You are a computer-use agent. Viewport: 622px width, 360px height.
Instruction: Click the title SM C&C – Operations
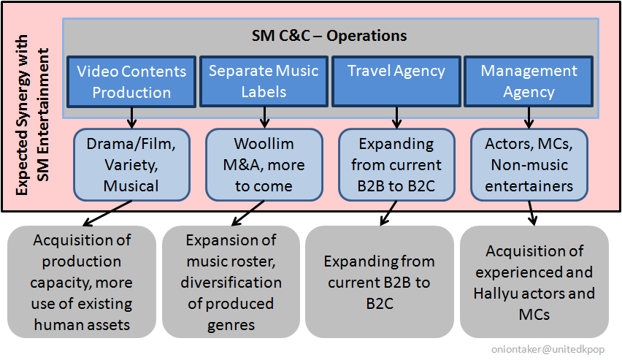pos(329,36)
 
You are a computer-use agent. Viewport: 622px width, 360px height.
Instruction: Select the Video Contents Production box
pos(131,82)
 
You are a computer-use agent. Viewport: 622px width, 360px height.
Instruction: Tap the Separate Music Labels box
pos(264,81)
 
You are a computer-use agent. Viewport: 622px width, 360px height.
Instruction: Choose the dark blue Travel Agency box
pos(396,81)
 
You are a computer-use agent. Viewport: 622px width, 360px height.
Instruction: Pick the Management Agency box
pos(529,81)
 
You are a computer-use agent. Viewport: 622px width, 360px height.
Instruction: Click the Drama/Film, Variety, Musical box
pos(131,165)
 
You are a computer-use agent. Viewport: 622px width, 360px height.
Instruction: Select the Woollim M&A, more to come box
pos(264,165)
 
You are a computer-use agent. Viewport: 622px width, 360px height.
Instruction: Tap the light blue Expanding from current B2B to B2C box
pos(396,165)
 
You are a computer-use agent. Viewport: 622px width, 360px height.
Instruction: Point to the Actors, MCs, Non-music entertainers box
pos(529,165)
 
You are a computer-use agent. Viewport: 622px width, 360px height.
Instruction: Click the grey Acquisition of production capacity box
pos(82,282)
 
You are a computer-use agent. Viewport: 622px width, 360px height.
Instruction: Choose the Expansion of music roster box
pos(231,282)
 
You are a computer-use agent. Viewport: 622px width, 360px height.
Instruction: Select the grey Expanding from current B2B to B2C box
pos(380,282)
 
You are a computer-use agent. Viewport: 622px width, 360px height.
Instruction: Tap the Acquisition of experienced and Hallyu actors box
pos(534,282)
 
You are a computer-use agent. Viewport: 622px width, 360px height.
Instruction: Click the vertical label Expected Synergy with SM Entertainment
pos(32,115)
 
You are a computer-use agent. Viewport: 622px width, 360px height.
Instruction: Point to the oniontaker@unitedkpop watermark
pos(548,349)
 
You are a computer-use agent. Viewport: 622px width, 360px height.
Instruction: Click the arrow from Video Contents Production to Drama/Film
pos(131,118)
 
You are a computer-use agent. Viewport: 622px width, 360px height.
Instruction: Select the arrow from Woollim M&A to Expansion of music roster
pos(247,213)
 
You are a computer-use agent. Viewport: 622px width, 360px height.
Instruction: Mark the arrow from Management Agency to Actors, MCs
pos(529,118)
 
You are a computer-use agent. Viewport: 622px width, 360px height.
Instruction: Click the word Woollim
pos(264,144)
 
